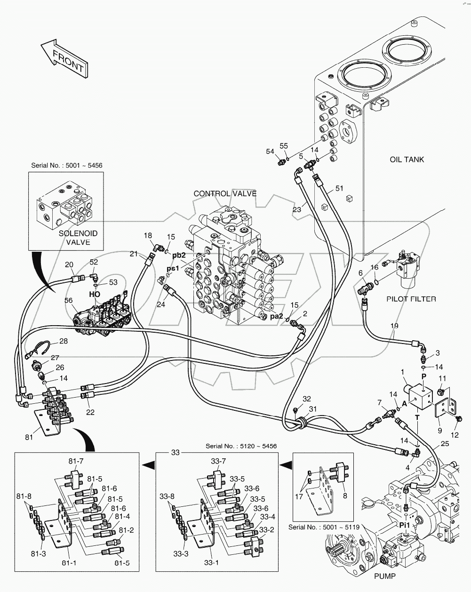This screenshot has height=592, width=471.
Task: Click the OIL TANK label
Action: click(407, 159)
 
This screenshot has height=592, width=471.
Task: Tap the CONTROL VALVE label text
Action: click(225, 193)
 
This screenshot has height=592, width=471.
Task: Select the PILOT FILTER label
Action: click(411, 298)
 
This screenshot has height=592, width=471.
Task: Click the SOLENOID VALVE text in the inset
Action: click(74, 238)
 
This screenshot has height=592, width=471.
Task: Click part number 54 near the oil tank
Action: click(270, 151)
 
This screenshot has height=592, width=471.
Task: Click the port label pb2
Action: click(178, 255)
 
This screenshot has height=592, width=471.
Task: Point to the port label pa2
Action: click(276, 316)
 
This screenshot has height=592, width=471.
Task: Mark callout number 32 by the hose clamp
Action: click(307, 399)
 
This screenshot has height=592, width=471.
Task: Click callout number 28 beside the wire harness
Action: click(63, 341)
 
